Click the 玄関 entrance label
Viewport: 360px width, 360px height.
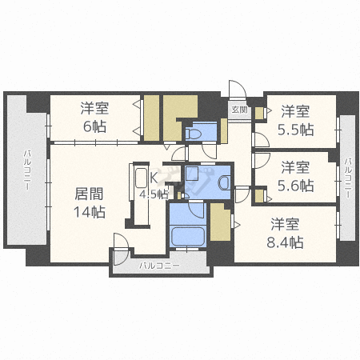[239, 110]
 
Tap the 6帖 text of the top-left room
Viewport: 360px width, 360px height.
[94, 126]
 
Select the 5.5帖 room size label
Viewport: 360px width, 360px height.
[295, 130]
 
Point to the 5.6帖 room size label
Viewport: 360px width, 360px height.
[295, 186]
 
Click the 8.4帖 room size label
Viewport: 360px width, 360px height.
[285, 242]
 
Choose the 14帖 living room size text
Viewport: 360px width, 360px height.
[90, 212]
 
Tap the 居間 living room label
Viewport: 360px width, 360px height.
[89, 194]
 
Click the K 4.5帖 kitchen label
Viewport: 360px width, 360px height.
[154, 186]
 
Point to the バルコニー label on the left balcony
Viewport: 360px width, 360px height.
[27, 170]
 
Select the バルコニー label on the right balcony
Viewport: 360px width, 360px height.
[348, 178]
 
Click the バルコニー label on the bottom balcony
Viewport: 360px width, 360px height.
[160, 266]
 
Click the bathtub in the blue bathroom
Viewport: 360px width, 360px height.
[188, 237]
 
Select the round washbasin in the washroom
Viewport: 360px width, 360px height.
[224, 183]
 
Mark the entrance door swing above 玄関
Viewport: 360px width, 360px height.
[238, 89]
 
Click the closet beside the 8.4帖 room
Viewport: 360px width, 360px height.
[220, 222]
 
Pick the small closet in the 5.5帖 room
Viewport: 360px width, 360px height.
[259, 113]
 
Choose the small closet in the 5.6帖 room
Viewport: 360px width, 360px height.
[259, 195]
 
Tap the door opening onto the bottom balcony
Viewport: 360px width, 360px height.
[121, 249]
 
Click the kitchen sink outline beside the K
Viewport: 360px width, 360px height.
[142, 178]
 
